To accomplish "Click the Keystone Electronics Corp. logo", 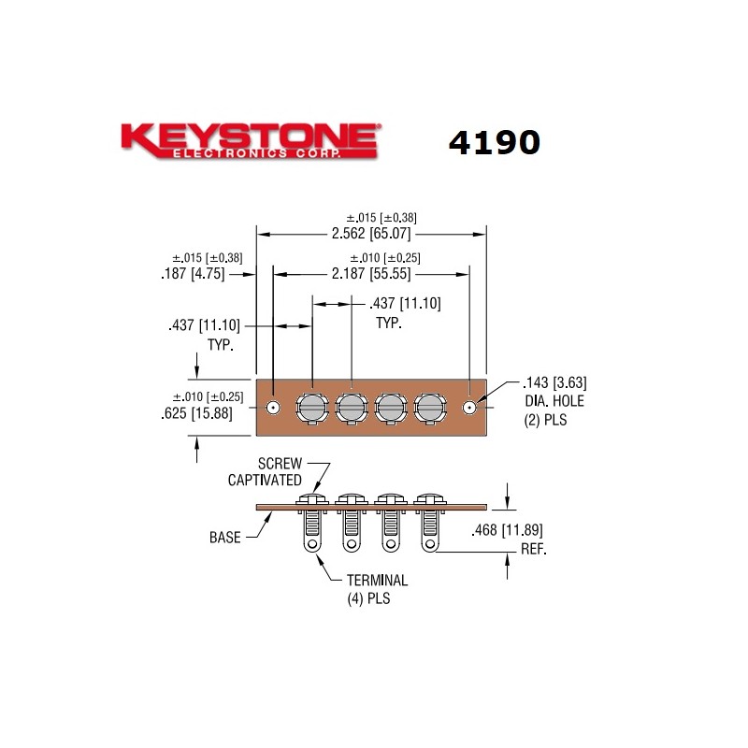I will [250, 141].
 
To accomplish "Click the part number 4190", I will [494, 142].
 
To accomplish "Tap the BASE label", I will [225, 538].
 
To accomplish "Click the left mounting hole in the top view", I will [273, 408].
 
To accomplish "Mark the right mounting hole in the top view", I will [469, 408].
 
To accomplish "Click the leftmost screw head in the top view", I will [311, 408].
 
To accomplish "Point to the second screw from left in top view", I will [351, 408].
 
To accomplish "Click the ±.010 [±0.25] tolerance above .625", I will [208, 396].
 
